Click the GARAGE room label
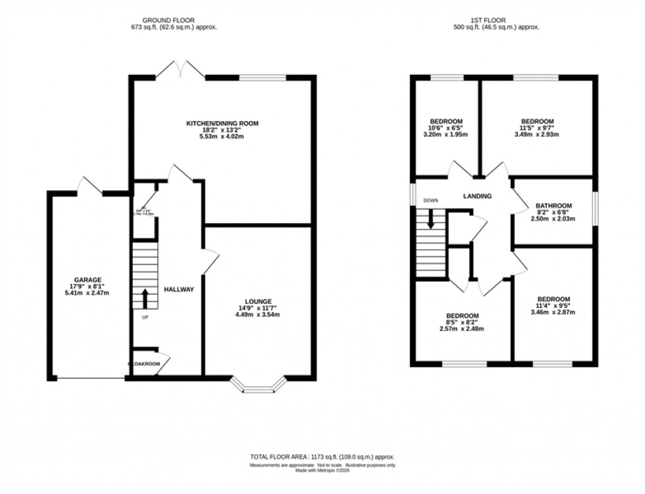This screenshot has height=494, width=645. click(88, 279)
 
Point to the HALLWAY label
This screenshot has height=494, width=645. click(178, 289)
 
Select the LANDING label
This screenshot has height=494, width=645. click(477, 196)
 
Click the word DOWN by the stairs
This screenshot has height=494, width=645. click(430, 200)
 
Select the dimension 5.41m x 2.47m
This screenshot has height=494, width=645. click(88, 293)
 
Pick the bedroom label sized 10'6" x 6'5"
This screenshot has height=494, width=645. click(446, 121)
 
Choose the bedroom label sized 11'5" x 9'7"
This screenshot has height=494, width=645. click(537, 121)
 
